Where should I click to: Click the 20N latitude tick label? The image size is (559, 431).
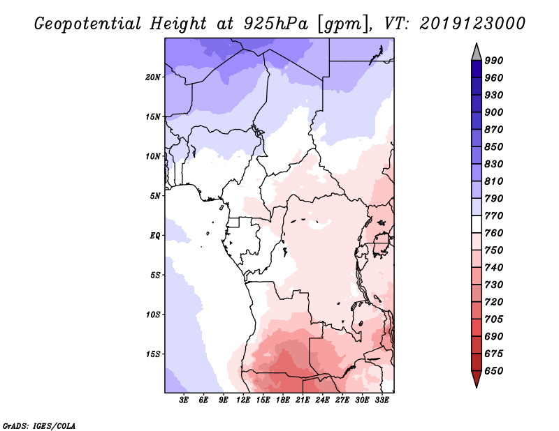tap(153, 77)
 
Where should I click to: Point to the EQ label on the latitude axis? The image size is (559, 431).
tap(155, 236)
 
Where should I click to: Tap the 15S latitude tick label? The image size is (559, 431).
tap(153, 354)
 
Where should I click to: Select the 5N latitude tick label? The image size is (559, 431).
tap(155, 196)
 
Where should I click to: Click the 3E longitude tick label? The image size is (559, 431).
tap(184, 400)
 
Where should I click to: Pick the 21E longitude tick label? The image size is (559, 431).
tap(303, 400)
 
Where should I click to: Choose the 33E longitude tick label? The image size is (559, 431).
tap(382, 400)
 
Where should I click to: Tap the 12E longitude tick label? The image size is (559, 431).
tap(243, 400)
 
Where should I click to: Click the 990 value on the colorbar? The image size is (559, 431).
tap(494, 61)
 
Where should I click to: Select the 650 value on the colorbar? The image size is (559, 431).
tap(494, 371)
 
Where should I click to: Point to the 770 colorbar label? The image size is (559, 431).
tap(494, 215)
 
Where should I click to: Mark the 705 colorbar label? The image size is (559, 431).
tap(494, 319)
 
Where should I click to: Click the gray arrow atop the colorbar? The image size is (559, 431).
tap(477, 52)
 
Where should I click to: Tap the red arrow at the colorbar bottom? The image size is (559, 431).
tap(477, 378)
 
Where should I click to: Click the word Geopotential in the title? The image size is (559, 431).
tap(88, 24)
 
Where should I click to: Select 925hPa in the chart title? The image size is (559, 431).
tap(275, 24)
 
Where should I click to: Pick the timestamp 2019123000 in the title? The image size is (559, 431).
tap(472, 23)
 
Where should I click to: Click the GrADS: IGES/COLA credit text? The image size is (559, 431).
tap(39, 426)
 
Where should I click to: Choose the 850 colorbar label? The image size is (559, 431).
tap(494, 146)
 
